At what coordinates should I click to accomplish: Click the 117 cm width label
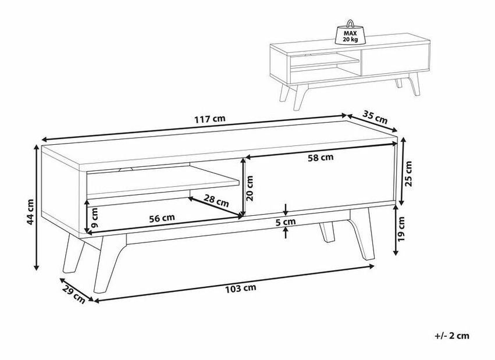[210, 119]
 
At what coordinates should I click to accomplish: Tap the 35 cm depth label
[375, 117]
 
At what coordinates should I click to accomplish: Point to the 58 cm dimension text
[320, 157]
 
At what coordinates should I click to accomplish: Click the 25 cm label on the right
[408, 173]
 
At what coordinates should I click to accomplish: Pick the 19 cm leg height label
[401, 229]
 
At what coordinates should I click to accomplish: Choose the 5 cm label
[286, 222]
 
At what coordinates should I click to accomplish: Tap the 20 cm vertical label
[250, 188]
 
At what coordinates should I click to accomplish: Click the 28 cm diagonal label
[216, 201]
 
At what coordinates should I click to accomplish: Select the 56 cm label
[162, 218]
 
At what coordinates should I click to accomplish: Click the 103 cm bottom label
[241, 288]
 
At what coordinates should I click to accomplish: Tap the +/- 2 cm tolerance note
[452, 336]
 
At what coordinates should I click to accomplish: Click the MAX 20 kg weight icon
[350, 32]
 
